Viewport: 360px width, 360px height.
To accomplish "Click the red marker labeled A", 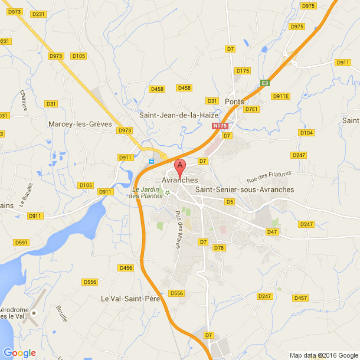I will coord(180,166).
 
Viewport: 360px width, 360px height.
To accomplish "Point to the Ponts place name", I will coord(234,102).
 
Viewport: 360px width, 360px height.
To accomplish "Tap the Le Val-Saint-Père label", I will coord(130,299).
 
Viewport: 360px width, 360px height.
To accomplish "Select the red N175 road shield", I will coord(220,126).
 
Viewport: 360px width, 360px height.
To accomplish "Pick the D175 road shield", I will coord(243,71).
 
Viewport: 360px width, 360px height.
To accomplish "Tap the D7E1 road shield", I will coord(252,109).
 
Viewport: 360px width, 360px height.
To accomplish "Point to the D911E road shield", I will coord(280,96).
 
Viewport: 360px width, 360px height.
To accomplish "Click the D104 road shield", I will coord(306,133).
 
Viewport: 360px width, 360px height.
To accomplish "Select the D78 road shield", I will coord(220,248).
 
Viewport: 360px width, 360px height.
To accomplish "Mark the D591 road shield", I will coord(21,243).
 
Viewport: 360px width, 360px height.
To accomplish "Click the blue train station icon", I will coord(152,161).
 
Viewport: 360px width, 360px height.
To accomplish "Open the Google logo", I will coord(19,353).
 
